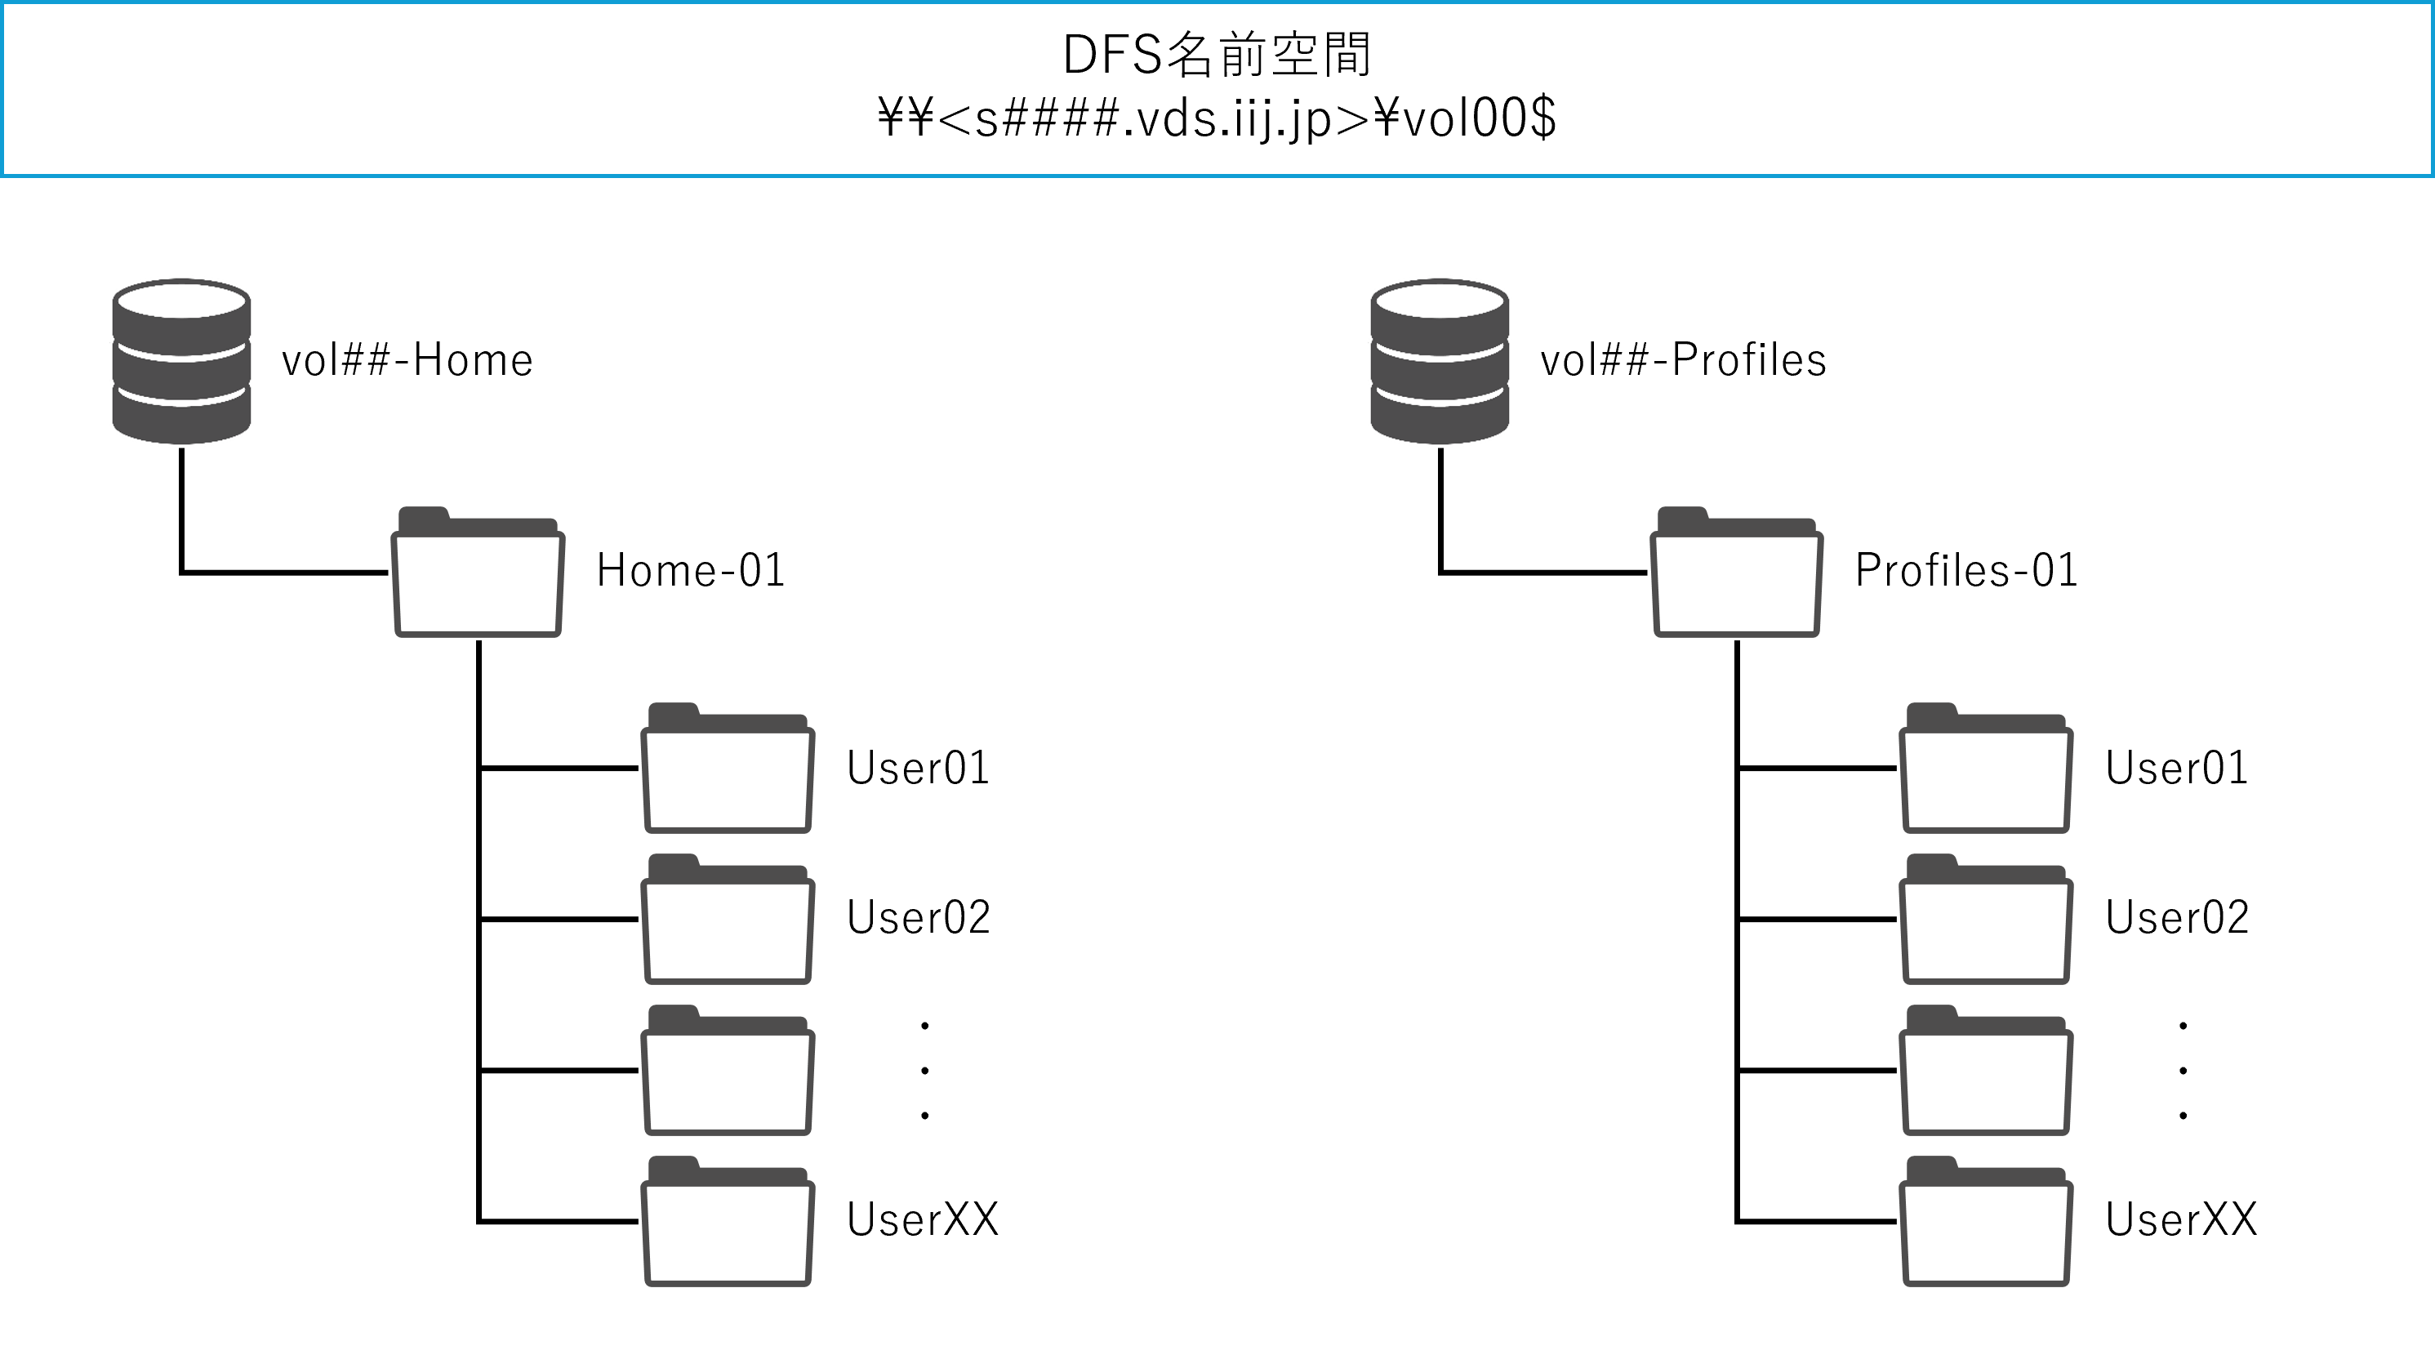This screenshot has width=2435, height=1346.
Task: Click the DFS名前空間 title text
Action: coord(1217,55)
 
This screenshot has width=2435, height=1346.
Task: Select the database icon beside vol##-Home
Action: coord(181,361)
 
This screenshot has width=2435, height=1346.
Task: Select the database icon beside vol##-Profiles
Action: coord(1440,361)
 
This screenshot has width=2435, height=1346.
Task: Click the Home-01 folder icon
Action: coord(479,573)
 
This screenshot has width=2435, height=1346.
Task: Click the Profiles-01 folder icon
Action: coord(1737,573)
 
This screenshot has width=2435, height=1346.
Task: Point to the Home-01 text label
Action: coord(691,571)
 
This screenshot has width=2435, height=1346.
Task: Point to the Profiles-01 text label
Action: coord(1966,571)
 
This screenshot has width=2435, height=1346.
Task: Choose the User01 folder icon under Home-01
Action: coord(728,769)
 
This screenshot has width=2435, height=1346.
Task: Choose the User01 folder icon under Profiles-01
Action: coord(1986,769)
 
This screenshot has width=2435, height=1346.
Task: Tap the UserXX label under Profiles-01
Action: coord(2181,1220)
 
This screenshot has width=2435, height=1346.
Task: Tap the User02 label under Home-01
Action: coord(918,918)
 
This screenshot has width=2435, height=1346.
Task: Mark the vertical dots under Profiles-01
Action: coord(2183,1071)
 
